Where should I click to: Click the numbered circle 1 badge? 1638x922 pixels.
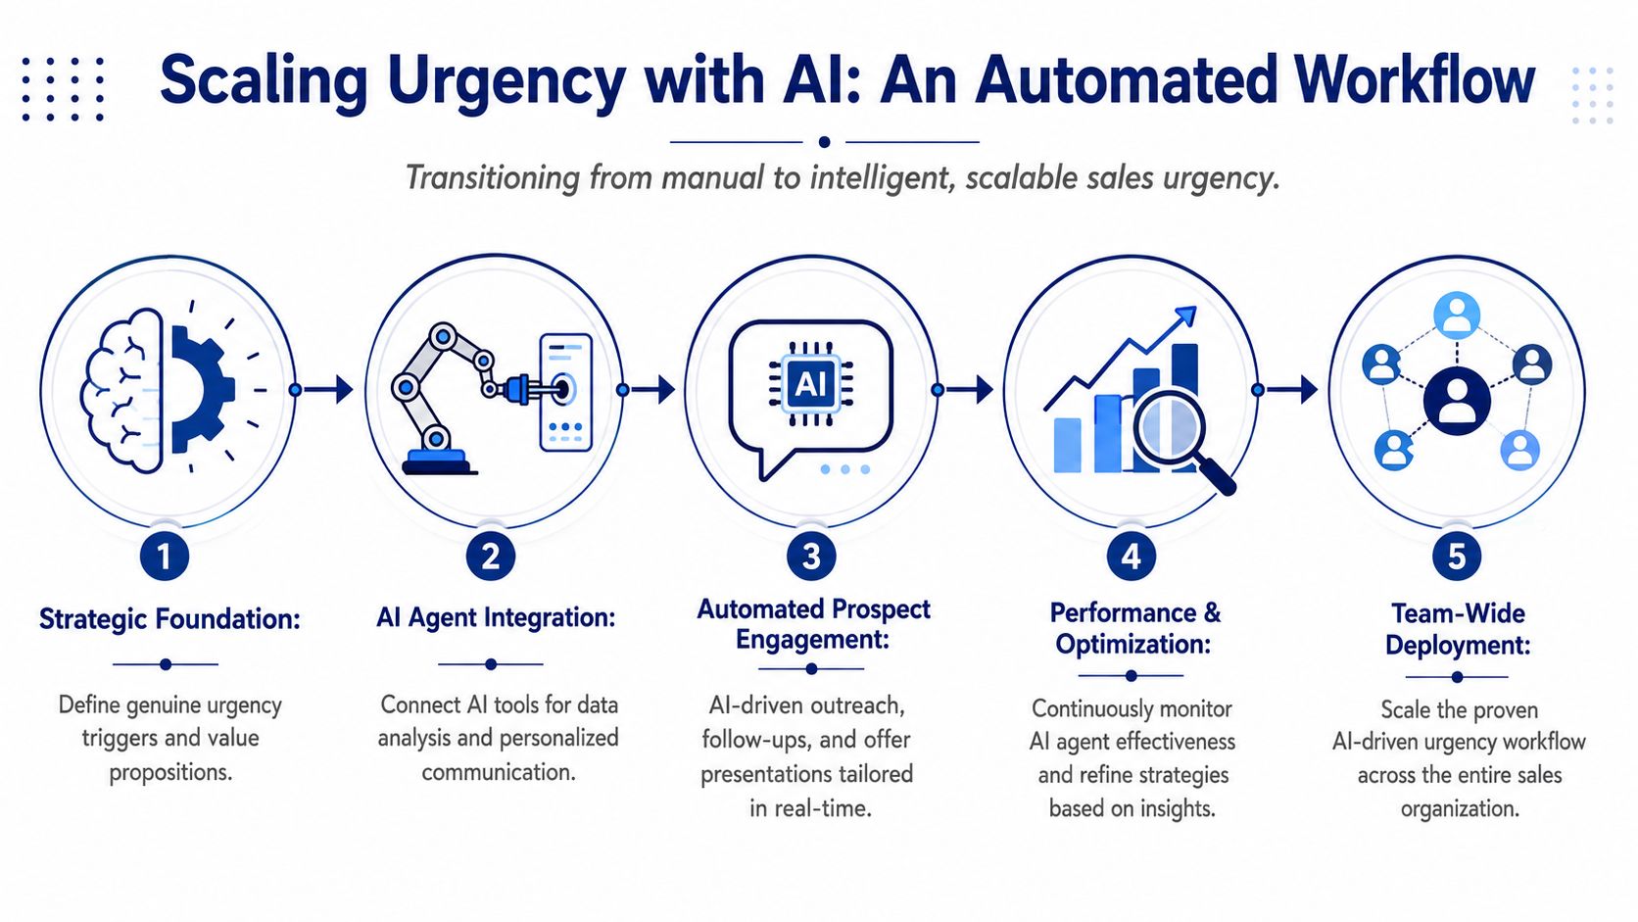coord(165,557)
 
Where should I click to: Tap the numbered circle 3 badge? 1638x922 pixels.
coord(811,557)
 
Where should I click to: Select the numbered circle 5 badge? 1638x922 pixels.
coord(1457,557)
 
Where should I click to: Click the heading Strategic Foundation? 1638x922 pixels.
coord(169,619)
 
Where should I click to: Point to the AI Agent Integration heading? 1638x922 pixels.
coord(496,618)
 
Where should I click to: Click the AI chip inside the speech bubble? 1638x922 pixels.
coord(811,384)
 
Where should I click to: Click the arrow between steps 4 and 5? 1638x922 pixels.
coord(1287,390)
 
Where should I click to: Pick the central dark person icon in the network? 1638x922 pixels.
coord(1457,402)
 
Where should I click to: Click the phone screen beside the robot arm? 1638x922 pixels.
coord(565,392)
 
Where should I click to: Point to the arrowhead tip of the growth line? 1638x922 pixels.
coord(1196,307)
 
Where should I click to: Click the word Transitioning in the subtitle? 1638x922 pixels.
coord(493,178)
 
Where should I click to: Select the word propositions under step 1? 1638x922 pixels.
coord(170,773)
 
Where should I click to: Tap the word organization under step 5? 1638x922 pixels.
coord(1460,808)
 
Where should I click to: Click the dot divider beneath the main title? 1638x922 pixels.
coord(824,142)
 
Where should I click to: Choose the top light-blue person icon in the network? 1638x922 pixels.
coord(1457,315)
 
